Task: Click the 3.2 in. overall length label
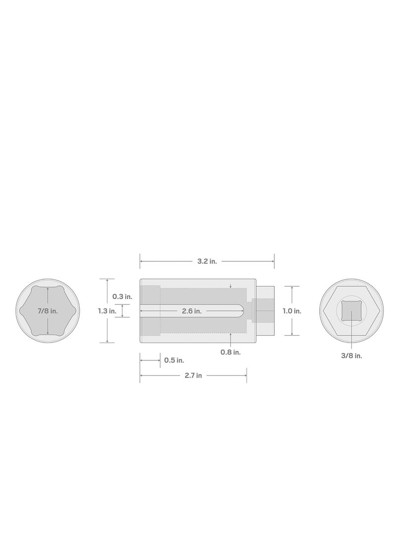(207, 261)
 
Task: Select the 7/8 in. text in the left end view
(48, 311)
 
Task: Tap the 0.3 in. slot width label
(122, 296)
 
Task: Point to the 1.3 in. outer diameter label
(107, 311)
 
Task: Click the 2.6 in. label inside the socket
(191, 311)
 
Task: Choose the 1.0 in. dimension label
(292, 311)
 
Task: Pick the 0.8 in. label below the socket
(231, 352)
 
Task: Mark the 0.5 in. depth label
(174, 360)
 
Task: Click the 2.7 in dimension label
(193, 376)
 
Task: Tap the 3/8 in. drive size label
(351, 355)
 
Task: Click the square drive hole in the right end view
(350, 311)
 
